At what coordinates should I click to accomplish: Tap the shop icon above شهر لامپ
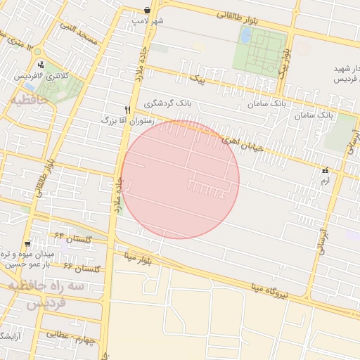[x=147, y=11]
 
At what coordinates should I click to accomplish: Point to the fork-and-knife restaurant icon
[x=127, y=110]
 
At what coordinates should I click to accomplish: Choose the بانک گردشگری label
[x=168, y=103]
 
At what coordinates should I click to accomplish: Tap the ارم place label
[x=324, y=181]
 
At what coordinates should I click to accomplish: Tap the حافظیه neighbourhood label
[x=29, y=100]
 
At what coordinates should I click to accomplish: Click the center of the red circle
[x=180, y=180]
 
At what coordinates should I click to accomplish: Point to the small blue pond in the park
[x=245, y=36]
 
